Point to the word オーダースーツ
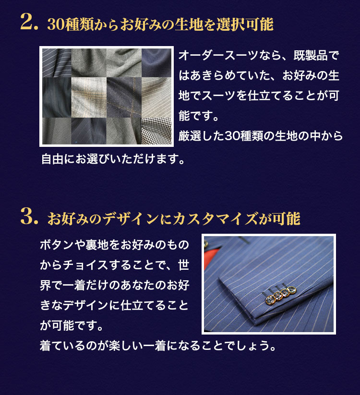pos(219,55)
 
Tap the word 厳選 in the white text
pos(190,136)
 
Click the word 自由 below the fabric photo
pos(52,159)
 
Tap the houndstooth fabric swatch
pos(156,131)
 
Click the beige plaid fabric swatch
pos(89,97)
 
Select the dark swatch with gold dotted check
pos(124,97)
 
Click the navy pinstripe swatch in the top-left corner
pos(57,63)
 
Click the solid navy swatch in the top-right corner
pos(156,63)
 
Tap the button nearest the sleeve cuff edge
pos(270,300)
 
